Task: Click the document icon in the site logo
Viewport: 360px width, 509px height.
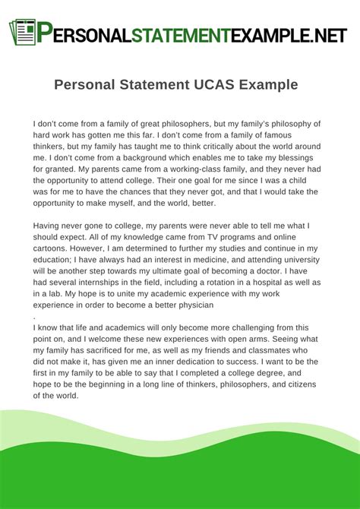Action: pos(23,31)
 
